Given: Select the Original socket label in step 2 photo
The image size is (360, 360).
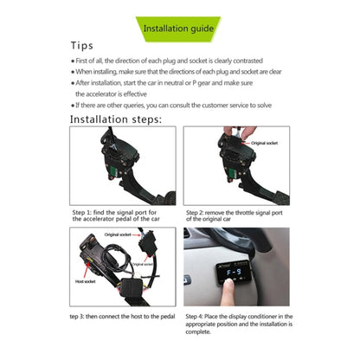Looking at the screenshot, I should point(265,141).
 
